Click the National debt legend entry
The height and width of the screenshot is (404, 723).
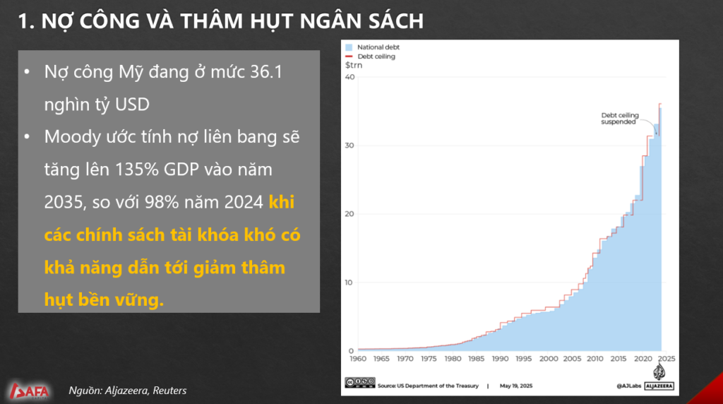click(x=372, y=47)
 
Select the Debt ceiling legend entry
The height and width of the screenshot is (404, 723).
click(x=370, y=57)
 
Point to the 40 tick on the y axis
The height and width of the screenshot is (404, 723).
click(x=350, y=77)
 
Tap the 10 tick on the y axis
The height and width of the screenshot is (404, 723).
click(x=349, y=283)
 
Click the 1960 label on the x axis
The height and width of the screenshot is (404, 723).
click(x=358, y=359)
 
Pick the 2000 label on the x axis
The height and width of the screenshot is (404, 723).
click(x=548, y=359)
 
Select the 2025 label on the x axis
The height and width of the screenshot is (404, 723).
click(x=667, y=359)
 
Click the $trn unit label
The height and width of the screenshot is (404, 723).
click(x=354, y=66)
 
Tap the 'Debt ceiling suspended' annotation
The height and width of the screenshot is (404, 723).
click(x=620, y=119)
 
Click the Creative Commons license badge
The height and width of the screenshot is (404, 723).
click(x=360, y=382)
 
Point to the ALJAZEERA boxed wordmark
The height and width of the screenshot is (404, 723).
click(x=659, y=386)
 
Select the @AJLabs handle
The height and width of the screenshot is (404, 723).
click(x=628, y=386)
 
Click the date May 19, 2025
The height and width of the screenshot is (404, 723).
click(x=516, y=386)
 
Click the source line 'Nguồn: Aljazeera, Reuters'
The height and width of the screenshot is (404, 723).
click(x=128, y=390)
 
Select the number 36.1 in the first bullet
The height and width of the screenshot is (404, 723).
click(x=266, y=72)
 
